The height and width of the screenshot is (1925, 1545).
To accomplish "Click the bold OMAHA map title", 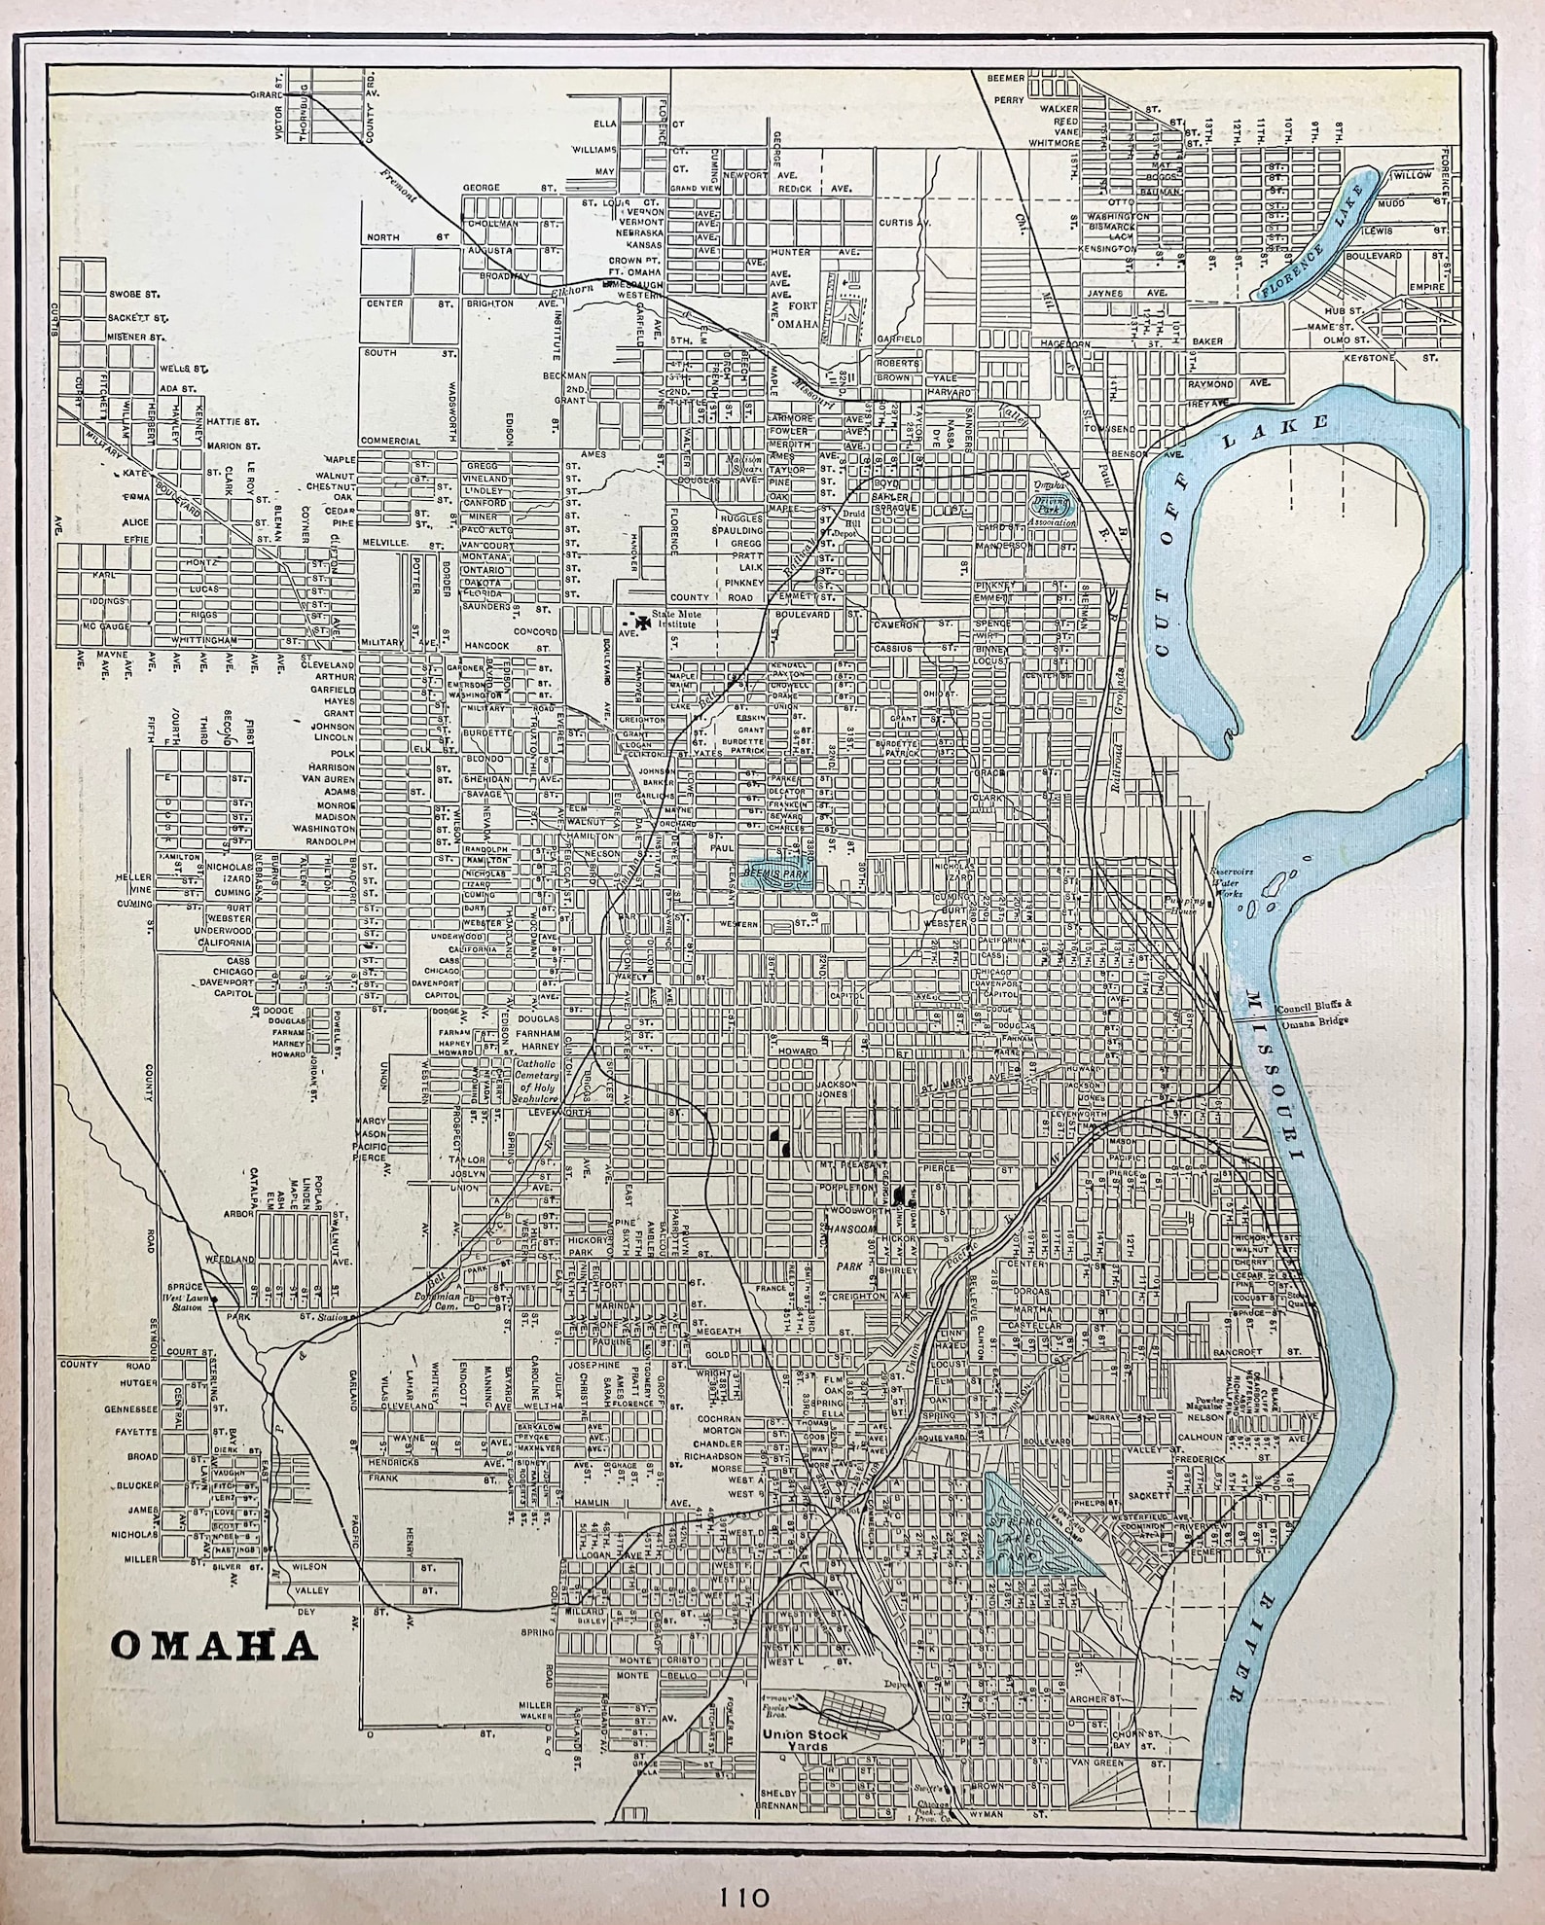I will tap(214, 1646).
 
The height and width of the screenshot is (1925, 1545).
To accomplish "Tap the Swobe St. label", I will tap(133, 293).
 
